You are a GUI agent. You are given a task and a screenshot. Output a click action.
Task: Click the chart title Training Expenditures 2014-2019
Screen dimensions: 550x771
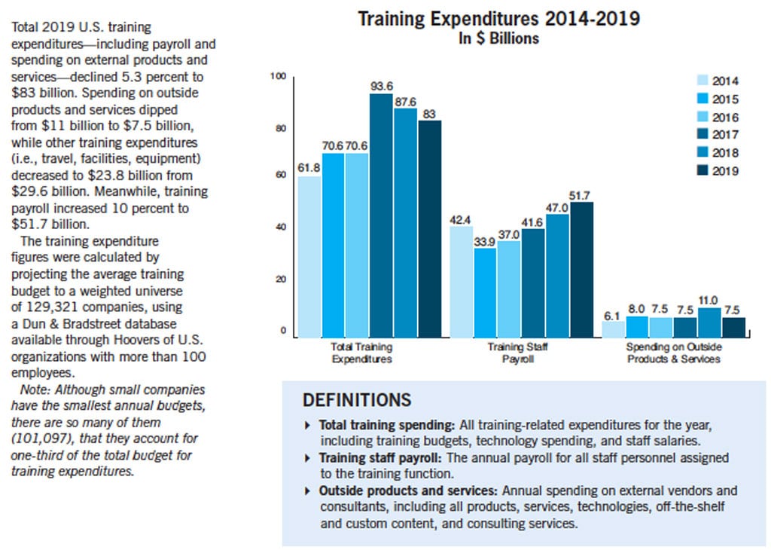tap(498, 19)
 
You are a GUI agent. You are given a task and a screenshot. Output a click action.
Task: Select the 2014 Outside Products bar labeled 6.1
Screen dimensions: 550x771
tap(613, 330)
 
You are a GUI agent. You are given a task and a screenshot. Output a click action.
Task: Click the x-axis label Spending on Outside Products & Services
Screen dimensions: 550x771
tap(674, 353)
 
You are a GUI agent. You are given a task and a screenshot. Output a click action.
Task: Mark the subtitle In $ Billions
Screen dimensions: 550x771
tap(499, 38)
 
